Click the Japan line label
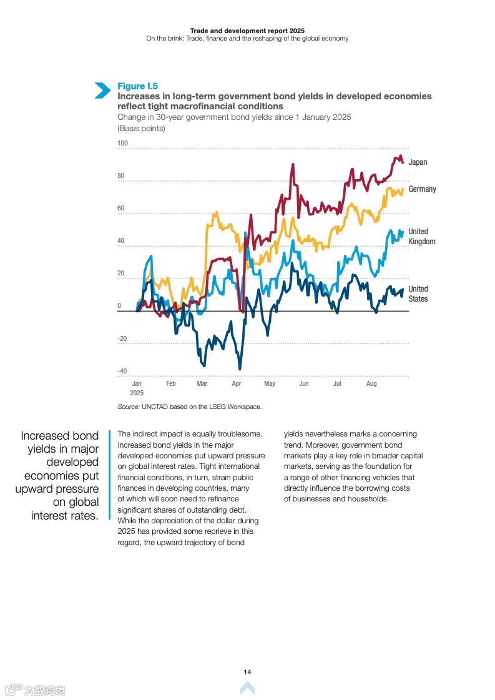(418, 162)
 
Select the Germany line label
(422, 189)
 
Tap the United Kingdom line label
(422, 237)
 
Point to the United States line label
(418, 293)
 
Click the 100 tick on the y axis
(122, 144)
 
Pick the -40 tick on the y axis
(122, 372)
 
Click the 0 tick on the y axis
(119, 306)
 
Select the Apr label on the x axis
(237, 383)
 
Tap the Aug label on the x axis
(371, 383)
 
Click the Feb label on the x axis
(171, 383)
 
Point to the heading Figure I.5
(137, 86)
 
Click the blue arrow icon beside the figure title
(102, 91)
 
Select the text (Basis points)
(141, 129)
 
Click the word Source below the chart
(128, 407)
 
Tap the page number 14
(247, 672)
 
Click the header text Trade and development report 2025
(247, 30)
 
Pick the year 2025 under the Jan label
(137, 393)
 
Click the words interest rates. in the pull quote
(65, 516)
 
